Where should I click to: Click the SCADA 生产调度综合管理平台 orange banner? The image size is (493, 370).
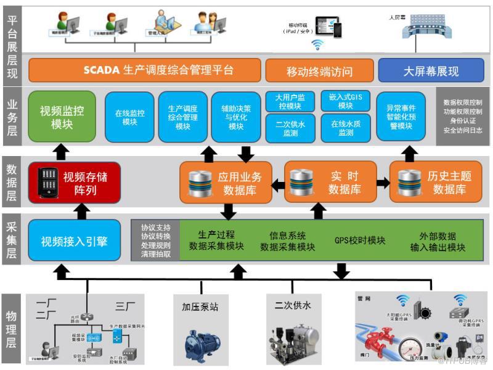click(x=145, y=70)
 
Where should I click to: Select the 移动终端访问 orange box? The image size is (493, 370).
click(x=319, y=70)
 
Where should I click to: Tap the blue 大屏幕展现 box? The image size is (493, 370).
click(x=431, y=70)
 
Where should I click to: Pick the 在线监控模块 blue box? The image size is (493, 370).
click(x=129, y=117)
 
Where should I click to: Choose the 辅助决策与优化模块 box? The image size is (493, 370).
click(x=236, y=117)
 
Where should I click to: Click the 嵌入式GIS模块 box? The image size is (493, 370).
click(x=345, y=101)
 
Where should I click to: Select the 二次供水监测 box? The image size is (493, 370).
click(x=290, y=128)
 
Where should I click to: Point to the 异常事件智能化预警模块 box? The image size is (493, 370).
click(x=404, y=117)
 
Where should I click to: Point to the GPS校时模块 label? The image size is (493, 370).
click(x=360, y=240)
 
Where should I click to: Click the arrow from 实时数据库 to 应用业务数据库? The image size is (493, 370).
click(x=278, y=183)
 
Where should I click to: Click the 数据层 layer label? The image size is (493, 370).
click(x=11, y=183)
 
